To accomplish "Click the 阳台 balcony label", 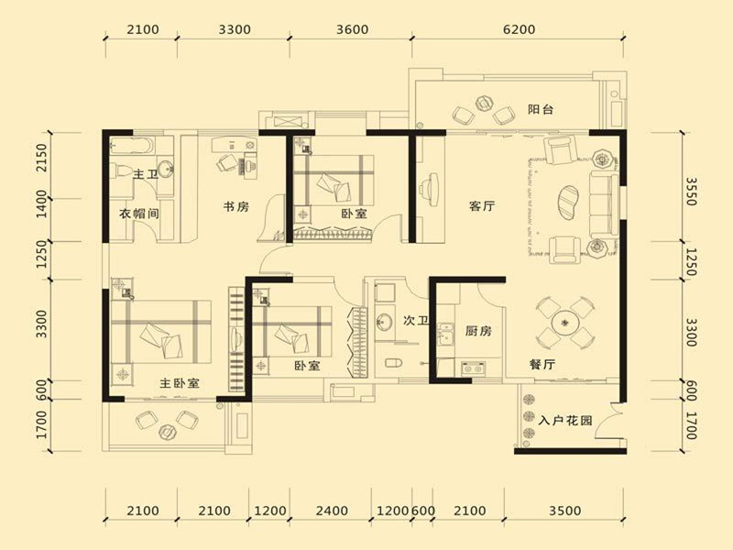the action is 541,109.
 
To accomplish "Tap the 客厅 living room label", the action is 482,205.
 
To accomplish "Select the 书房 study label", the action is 236,206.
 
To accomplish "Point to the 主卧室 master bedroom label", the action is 180,383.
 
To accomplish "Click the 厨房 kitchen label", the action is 478,331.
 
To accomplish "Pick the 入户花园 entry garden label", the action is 565,421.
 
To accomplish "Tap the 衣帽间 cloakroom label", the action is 139,214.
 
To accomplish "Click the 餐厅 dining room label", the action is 542,364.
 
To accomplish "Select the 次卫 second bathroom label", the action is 416,321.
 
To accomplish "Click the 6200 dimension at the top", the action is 519,29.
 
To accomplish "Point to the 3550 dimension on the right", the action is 692,192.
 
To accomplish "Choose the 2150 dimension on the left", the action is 41,158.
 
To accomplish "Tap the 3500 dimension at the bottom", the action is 564,511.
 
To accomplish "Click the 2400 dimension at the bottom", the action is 332,511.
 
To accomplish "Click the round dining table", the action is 564,323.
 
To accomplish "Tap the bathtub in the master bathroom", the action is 132,145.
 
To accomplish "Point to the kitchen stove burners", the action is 473,369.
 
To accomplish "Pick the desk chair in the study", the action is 225,163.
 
